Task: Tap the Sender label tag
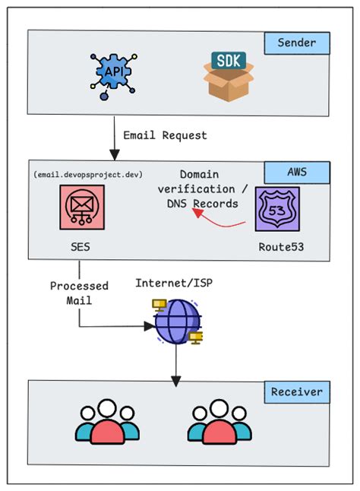[297, 43]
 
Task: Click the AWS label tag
[297, 172]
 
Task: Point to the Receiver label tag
[297, 393]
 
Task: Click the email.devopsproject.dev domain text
[88, 174]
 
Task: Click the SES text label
[79, 249]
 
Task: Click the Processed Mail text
[79, 293]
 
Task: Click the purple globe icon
[176, 322]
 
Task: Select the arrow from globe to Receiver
[176, 363]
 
